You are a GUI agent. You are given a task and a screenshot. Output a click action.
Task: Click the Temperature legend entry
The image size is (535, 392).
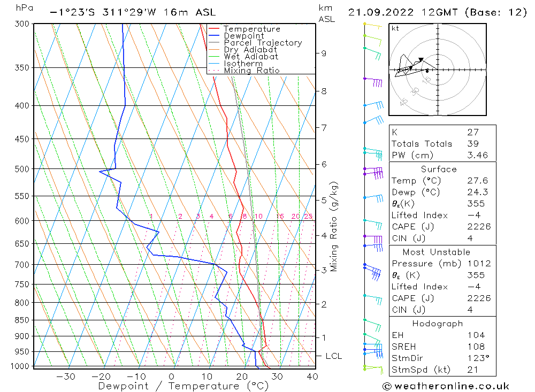pos(251,29)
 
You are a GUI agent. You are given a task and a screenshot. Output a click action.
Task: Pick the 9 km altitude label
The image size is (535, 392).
pos(324,53)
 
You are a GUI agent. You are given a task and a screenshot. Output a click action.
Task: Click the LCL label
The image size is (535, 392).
pos(333,356)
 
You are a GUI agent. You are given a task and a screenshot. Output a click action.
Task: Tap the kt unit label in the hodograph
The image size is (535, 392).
pos(395,28)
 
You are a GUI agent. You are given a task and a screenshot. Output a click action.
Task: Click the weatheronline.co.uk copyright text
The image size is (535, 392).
pos(446,386)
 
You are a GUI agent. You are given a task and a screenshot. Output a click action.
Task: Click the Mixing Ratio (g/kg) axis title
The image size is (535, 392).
pos(334,226)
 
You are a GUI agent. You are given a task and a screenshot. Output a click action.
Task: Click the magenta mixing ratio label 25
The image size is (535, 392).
pos(308,216)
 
